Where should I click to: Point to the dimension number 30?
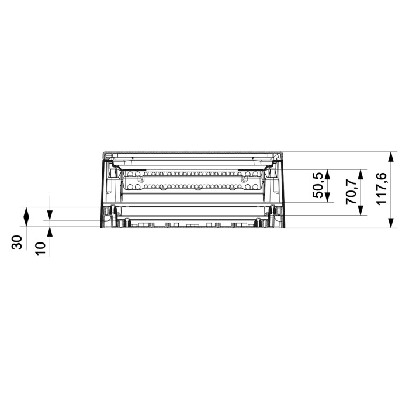(17, 242)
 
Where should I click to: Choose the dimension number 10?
(40, 248)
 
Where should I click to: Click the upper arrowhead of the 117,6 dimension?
(390, 157)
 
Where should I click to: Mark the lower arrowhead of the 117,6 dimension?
(390, 223)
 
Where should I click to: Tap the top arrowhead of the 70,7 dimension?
(361, 175)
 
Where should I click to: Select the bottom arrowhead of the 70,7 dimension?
(361, 210)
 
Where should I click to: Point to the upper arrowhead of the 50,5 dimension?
(328, 175)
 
